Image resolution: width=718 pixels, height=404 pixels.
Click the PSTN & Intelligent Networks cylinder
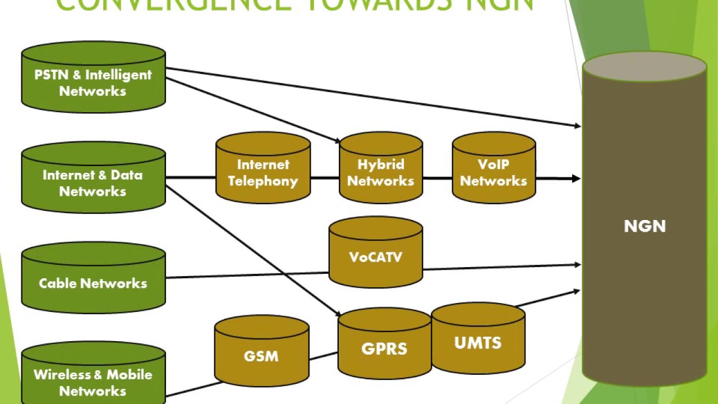(x=93, y=79)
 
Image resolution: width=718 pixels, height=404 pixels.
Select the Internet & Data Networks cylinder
(x=93, y=180)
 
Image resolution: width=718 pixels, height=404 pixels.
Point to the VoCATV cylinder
(x=375, y=255)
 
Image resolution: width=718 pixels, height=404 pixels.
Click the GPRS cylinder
(x=384, y=345)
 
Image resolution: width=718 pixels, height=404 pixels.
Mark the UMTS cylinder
(x=478, y=340)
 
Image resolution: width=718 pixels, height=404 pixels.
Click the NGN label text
(x=645, y=226)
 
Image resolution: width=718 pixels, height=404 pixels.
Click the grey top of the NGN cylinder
(x=645, y=67)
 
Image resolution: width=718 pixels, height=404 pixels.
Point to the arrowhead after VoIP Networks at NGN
(x=576, y=178)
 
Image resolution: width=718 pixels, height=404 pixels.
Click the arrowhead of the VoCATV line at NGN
(x=577, y=264)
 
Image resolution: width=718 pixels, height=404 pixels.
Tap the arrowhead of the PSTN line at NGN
(x=577, y=126)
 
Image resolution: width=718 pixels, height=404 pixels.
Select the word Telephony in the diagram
(x=263, y=181)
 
